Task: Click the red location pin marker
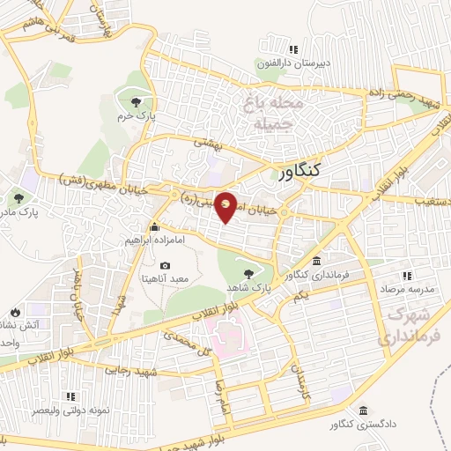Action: click(226, 206)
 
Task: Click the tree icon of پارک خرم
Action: click(134, 102)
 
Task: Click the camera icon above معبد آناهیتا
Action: click(164, 266)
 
